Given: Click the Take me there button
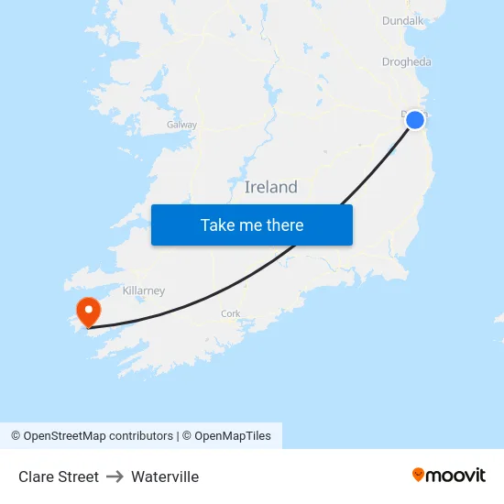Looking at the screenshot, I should click(252, 225).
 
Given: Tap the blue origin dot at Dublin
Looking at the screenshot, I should click(415, 120).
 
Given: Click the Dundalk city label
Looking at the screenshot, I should click(403, 20).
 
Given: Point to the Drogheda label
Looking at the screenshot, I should click(406, 62).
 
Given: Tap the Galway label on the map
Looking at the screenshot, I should click(181, 125).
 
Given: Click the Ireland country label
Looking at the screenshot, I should click(271, 187).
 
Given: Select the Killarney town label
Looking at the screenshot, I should click(144, 290).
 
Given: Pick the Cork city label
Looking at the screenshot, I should click(231, 313).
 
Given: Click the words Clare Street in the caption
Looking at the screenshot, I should click(59, 477).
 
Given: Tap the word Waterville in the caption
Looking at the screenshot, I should click(165, 477).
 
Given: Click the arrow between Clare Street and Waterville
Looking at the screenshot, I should click(115, 477).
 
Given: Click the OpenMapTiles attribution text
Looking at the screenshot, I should click(233, 436).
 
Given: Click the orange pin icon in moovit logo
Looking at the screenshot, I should click(419, 475).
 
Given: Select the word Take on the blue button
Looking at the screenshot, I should click(217, 225).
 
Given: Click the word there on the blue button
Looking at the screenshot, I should click(284, 225).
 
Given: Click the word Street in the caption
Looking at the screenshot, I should click(78, 477).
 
